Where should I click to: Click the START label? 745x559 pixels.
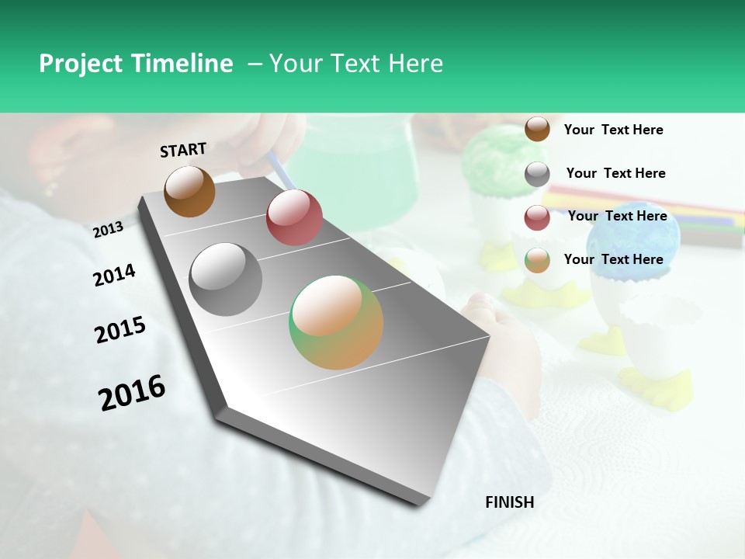click(183, 150)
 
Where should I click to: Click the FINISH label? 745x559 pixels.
click(509, 502)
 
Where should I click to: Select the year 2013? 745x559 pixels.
click(108, 229)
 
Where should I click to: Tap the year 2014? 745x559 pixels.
click(114, 275)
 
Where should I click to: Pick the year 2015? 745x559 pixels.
click(120, 330)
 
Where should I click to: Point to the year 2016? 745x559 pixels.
click(132, 392)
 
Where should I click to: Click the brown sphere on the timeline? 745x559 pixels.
click(189, 191)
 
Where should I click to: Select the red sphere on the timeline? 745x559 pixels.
click(294, 217)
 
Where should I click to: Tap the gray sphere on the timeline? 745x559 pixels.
click(226, 279)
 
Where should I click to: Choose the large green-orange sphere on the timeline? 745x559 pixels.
click(336, 322)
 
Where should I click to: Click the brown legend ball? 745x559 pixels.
click(537, 129)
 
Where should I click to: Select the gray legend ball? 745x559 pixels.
click(537, 174)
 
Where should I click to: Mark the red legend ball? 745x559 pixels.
click(537, 217)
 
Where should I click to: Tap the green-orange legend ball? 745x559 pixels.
click(537, 260)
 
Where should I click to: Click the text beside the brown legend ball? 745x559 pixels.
click(613, 130)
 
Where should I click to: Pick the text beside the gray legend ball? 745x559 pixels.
click(615, 173)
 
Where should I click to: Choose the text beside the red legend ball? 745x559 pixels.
click(617, 216)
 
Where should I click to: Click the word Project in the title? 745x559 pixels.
click(81, 64)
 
